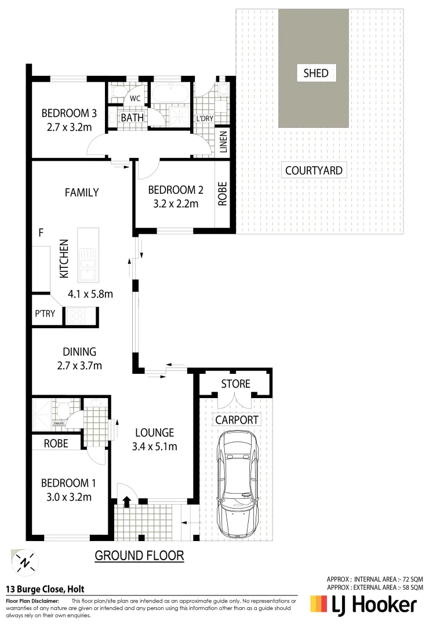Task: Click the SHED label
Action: [x=315, y=73]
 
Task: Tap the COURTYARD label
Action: [x=314, y=171]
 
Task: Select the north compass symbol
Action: [x=24, y=561]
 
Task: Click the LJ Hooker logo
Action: [x=363, y=605]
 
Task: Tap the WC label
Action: [x=135, y=98]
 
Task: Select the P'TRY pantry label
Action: [x=45, y=314]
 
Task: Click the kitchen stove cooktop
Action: [x=76, y=315]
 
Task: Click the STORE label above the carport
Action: [x=235, y=384]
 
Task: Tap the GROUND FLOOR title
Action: [x=139, y=556]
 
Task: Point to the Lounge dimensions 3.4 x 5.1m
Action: [x=155, y=446]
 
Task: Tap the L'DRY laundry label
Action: [x=205, y=118]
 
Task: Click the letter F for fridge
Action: [x=41, y=233]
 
